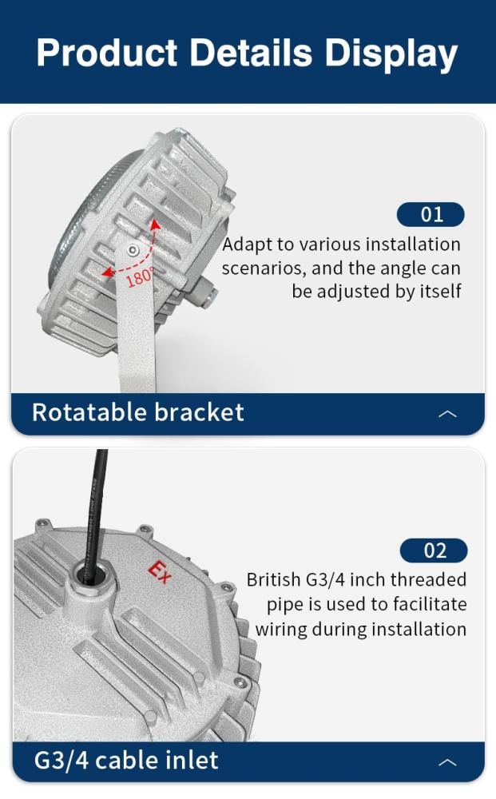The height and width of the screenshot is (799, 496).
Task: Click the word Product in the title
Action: coord(107,53)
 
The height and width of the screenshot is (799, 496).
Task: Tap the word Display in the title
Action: coord(391,55)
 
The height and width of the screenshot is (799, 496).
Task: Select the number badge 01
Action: coord(431,214)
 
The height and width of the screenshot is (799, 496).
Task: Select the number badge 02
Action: coord(434,551)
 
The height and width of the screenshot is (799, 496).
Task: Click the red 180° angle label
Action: coord(139,278)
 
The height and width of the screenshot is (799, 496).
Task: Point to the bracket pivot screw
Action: coord(133,250)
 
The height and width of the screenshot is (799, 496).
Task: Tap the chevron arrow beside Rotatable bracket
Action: coord(447,414)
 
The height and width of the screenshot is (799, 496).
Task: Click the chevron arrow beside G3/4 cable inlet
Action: coord(447,762)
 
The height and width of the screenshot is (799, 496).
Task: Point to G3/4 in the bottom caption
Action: coord(62,761)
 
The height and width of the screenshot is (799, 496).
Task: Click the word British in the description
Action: coord(273,580)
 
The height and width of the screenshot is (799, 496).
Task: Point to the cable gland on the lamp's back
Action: coord(206,292)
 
